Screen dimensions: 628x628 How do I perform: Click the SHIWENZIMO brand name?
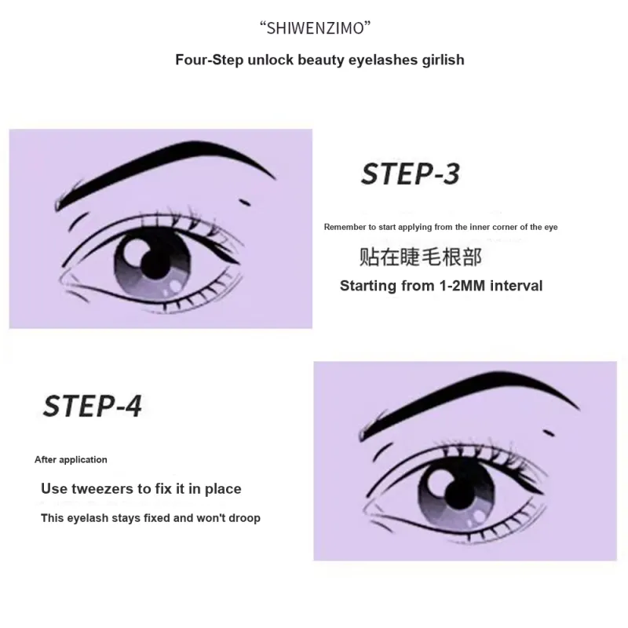(x=315, y=28)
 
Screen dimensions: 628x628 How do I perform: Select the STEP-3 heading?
(x=411, y=174)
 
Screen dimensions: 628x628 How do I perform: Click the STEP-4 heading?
(x=92, y=406)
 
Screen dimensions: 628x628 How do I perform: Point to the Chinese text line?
(x=421, y=257)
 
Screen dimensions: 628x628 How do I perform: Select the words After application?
(x=71, y=459)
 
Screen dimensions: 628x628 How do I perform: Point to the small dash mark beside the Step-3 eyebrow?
(x=244, y=203)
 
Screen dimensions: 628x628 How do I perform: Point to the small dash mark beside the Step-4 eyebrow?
(x=549, y=433)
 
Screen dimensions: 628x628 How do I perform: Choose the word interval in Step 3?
(x=517, y=286)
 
